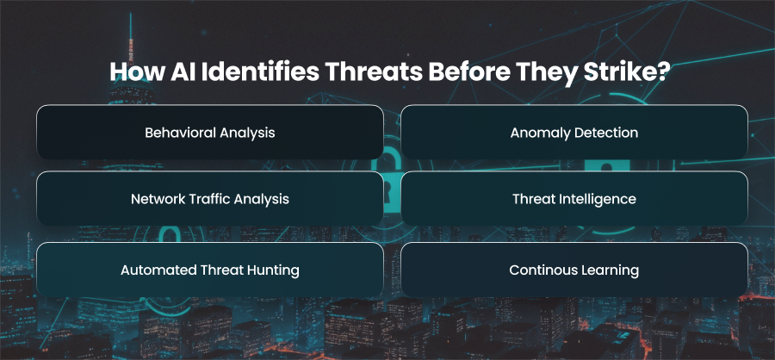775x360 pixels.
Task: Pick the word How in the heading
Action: click(x=136, y=72)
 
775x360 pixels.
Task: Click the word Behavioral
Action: click(x=180, y=133)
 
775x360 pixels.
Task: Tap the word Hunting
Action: click(x=272, y=271)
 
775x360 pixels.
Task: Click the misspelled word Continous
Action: click(x=537, y=270)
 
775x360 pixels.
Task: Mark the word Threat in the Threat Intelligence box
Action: click(x=531, y=199)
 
